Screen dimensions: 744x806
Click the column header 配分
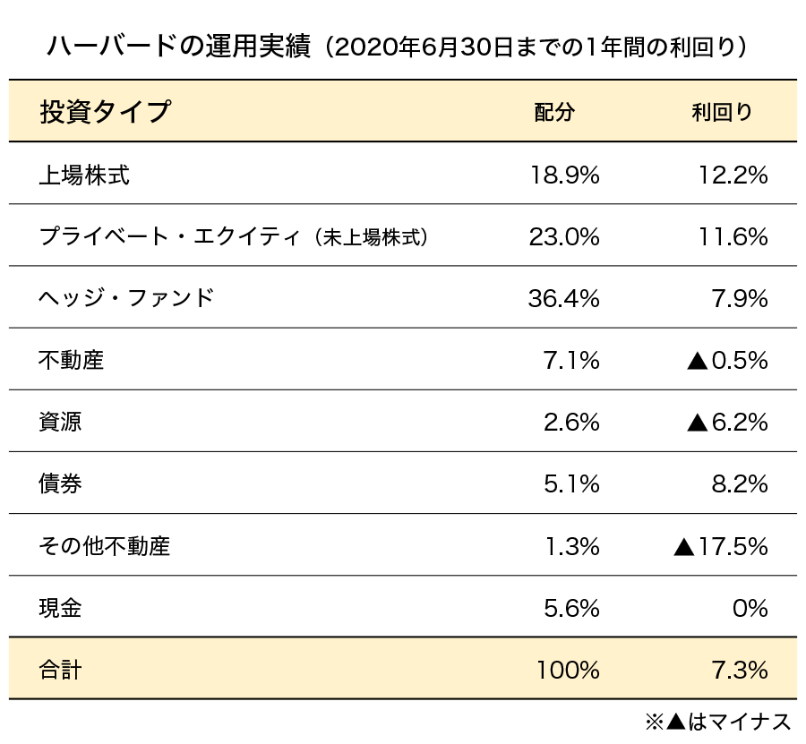tap(553, 112)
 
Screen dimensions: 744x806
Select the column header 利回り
tap(723, 112)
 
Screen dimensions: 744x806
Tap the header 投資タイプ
tap(105, 112)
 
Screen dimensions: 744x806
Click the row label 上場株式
tap(84, 175)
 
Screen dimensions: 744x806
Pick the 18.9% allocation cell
tap(564, 175)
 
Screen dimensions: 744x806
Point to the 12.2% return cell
tap(733, 175)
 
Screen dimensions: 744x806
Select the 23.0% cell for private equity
tap(564, 237)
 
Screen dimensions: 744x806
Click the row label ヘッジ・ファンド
tap(126, 298)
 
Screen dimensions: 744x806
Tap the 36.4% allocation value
tap(564, 298)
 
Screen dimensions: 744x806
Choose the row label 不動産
tap(72, 360)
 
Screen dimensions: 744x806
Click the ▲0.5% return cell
tap(727, 360)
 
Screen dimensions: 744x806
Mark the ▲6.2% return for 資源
tap(727, 422)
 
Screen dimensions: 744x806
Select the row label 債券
tap(61, 483)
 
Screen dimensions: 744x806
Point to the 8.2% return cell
tap(738, 483)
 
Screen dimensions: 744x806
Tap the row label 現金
tap(61, 608)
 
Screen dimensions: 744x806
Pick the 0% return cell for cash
tap(750, 608)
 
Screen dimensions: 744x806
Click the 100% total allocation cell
tap(568, 669)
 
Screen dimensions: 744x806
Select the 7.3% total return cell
tap(738, 669)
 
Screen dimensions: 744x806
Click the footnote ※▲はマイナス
tap(717, 722)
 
